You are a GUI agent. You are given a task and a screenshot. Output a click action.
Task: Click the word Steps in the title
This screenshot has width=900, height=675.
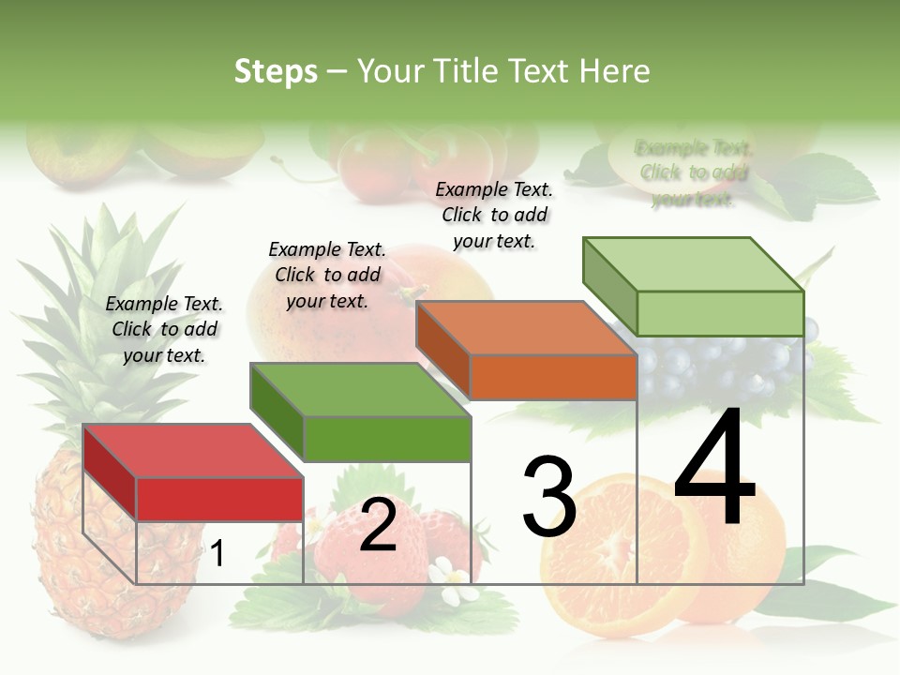[x=276, y=71]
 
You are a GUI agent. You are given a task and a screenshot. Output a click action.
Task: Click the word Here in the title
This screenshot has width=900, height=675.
[x=614, y=71]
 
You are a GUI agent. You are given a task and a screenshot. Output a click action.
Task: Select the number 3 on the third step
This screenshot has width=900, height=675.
[x=548, y=497]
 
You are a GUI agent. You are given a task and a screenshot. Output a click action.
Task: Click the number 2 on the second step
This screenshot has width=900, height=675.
[x=378, y=525]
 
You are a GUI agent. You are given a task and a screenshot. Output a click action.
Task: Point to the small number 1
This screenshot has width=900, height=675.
[x=217, y=554]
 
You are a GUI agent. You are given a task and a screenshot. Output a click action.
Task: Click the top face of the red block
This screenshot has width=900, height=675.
[x=192, y=451]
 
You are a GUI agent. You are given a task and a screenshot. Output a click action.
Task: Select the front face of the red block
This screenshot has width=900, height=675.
[x=219, y=499]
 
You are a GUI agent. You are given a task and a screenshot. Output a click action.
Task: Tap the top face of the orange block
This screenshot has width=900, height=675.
[x=525, y=328]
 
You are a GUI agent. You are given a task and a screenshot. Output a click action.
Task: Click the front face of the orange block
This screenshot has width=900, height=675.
[x=553, y=377]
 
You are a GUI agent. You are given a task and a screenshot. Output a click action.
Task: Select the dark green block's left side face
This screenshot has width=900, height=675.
[x=277, y=412]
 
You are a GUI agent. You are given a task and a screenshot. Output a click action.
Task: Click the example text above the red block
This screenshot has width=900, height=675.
[x=164, y=329]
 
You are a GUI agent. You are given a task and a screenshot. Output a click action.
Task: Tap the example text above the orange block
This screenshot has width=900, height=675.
[x=494, y=215]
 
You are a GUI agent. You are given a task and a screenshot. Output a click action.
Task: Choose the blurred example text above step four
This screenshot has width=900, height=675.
[x=693, y=172]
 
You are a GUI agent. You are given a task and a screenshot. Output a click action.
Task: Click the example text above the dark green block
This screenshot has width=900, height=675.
[x=327, y=275]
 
